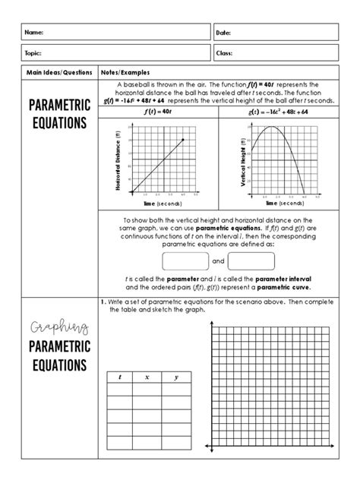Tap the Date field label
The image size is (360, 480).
224,33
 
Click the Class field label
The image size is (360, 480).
225,54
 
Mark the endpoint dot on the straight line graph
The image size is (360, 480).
182,140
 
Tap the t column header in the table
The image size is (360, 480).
119,376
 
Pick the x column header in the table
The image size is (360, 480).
147,376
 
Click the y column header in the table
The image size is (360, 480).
175,376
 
